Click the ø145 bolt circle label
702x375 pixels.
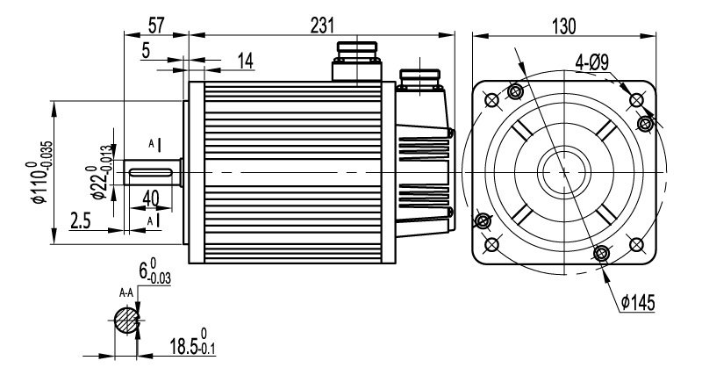click(639, 303)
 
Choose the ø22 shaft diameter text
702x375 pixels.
click(98, 172)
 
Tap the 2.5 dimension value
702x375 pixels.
click(81, 220)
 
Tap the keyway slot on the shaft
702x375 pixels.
click(154, 171)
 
